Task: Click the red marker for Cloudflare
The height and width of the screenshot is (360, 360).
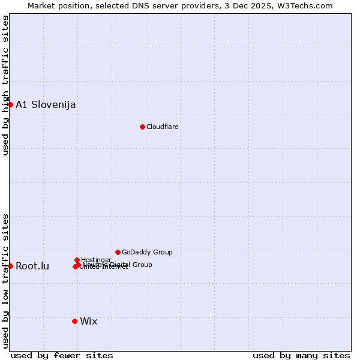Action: click(x=142, y=127)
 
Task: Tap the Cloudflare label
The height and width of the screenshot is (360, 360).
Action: click(x=163, y=127)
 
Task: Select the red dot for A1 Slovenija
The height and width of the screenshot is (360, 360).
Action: click(x=10, y=104)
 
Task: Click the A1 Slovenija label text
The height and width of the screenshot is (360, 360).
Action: click(x=46, y=105)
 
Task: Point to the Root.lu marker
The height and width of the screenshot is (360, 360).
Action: click(x=10, y=266)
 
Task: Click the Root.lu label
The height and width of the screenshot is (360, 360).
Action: click(x=32, y=266)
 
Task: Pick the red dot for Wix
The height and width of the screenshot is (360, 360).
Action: click(x=74, y=321)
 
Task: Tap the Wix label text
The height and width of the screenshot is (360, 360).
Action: click(x=89, y=322)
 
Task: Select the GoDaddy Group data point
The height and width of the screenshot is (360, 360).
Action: click(x=118, y=252)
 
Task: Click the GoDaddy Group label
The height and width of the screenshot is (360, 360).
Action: click(x=147, y=252)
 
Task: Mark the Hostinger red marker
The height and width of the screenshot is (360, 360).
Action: click(x=77, y=260)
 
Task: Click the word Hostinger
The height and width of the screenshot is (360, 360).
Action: click(x=97, y=260)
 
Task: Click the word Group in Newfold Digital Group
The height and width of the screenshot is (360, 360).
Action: click(x=143, y=265)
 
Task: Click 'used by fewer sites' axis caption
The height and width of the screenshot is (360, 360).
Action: click(x=62, y=355)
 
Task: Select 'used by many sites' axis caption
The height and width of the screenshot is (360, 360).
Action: click(x=301, y=355)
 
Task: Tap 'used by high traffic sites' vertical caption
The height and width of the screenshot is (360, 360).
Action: click(x=5, y=85)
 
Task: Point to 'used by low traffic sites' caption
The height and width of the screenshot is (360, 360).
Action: click(x=5, y=280)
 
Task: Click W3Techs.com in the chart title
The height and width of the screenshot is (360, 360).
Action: click(x=308, y=5)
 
